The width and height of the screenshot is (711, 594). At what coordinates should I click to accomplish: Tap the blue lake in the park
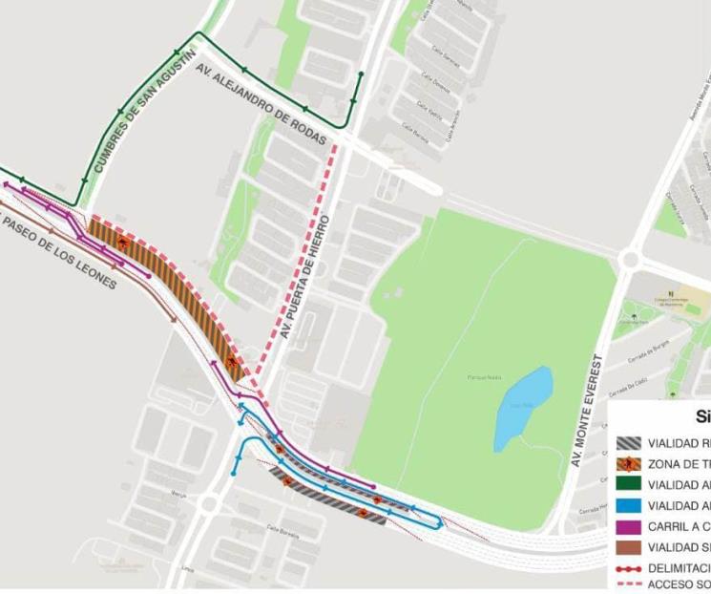coord(524,407)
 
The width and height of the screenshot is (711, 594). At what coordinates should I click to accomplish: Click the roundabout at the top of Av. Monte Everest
coord(629,259)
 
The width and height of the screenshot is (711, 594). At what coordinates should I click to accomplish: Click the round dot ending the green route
coord(361,74)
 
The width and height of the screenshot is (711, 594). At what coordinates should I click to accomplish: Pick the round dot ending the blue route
coord(235,473)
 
